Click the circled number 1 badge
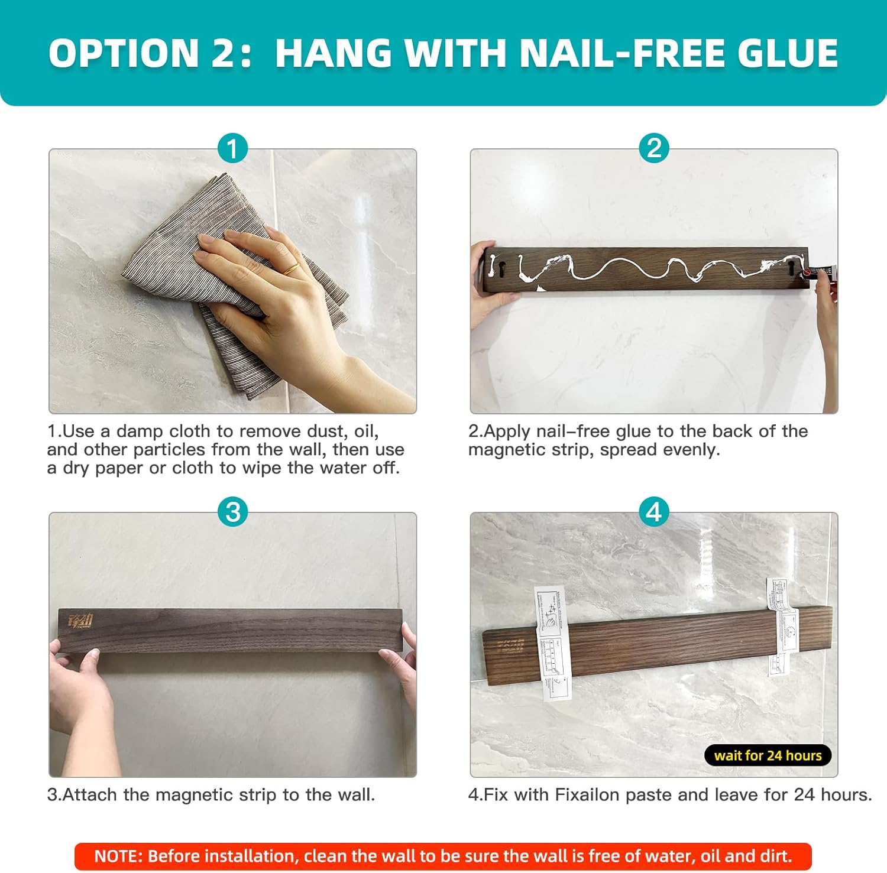pyautogui.click(x=232, y=148)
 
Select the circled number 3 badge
pyautogui.click(x=232, y=512)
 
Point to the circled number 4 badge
pyautogui.click(x=654, y=512)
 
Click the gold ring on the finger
pyautogui.click(x=290, y=270)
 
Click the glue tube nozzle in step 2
pyautogui.click(x=807, y=273)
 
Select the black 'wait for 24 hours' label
pyautogui.click(x=768, y=755)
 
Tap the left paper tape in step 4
pyautogui.click(x=552, y=644)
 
